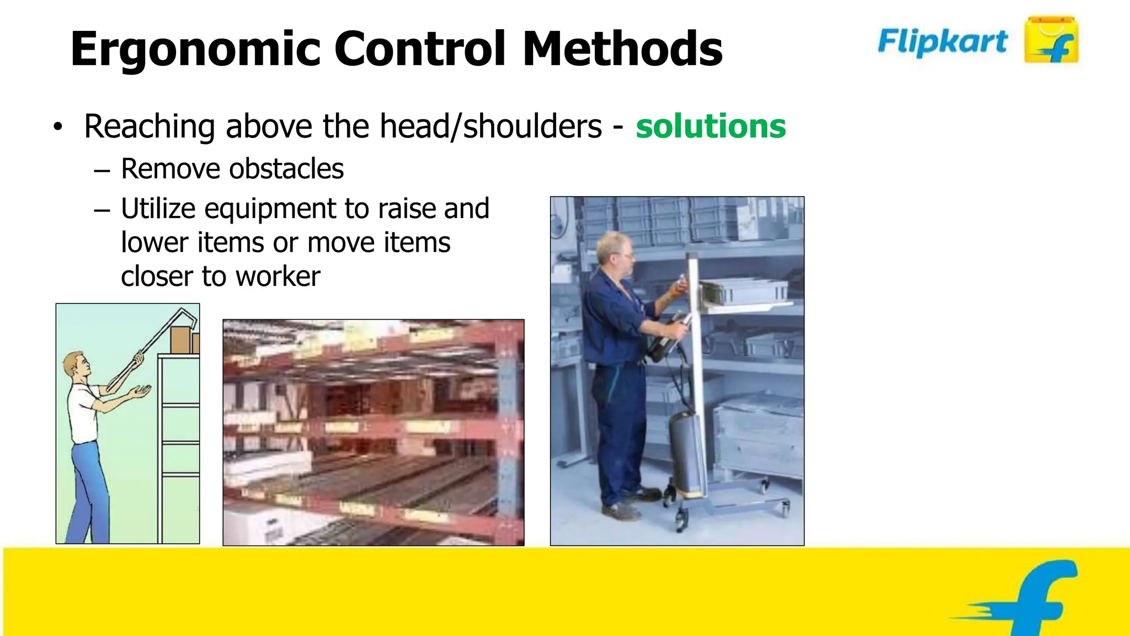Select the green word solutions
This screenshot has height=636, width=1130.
tap(711, 126)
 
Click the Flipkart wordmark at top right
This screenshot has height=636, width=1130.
tap(942, 41)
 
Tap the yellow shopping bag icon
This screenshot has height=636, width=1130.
tap(1051, 40)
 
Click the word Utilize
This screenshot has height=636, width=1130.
tap(158, 209)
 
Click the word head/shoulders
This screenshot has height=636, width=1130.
tap(491, 126)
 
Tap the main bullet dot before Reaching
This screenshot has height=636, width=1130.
tap(58, 128)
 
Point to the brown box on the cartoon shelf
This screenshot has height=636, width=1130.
tap(181, 340)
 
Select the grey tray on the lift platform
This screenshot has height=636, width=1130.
tap(745, 291)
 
